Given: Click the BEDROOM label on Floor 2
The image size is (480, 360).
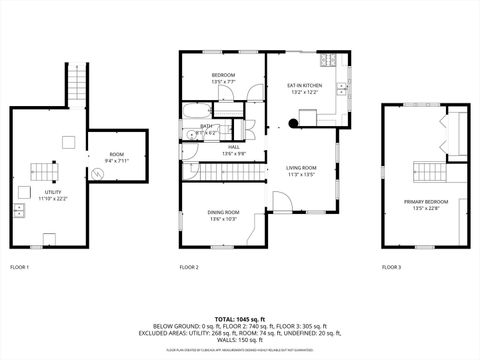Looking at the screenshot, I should [223, 76].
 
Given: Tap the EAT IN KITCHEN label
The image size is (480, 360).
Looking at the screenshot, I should [306, 87].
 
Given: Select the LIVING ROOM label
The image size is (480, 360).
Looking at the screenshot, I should [301, 167].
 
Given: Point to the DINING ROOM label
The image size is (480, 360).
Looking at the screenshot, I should [223, 212].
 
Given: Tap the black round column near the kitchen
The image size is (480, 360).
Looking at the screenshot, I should [292, 123].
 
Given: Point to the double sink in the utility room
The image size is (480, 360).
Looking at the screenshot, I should [20, 210].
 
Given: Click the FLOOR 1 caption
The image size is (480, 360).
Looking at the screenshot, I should [20, 267].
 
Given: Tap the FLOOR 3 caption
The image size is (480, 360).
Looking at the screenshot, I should [391, 267].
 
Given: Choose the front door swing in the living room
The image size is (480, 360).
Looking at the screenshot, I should [283, 204].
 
